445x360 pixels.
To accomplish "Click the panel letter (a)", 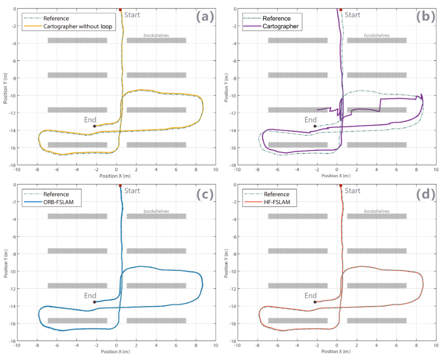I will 205,17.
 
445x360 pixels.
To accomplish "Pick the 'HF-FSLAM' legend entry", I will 279,202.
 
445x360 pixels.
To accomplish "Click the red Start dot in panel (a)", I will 120,10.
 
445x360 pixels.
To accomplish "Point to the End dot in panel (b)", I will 315,126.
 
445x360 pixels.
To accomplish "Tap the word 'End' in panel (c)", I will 90,295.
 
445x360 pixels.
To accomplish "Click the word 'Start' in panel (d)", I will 352,191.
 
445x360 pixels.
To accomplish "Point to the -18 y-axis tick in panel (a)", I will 11,165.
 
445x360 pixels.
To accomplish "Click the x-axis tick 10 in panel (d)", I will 435,346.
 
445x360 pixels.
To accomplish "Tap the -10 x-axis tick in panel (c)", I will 17,346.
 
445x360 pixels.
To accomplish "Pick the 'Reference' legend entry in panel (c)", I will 56,194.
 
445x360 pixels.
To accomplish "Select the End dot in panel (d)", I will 315,302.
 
